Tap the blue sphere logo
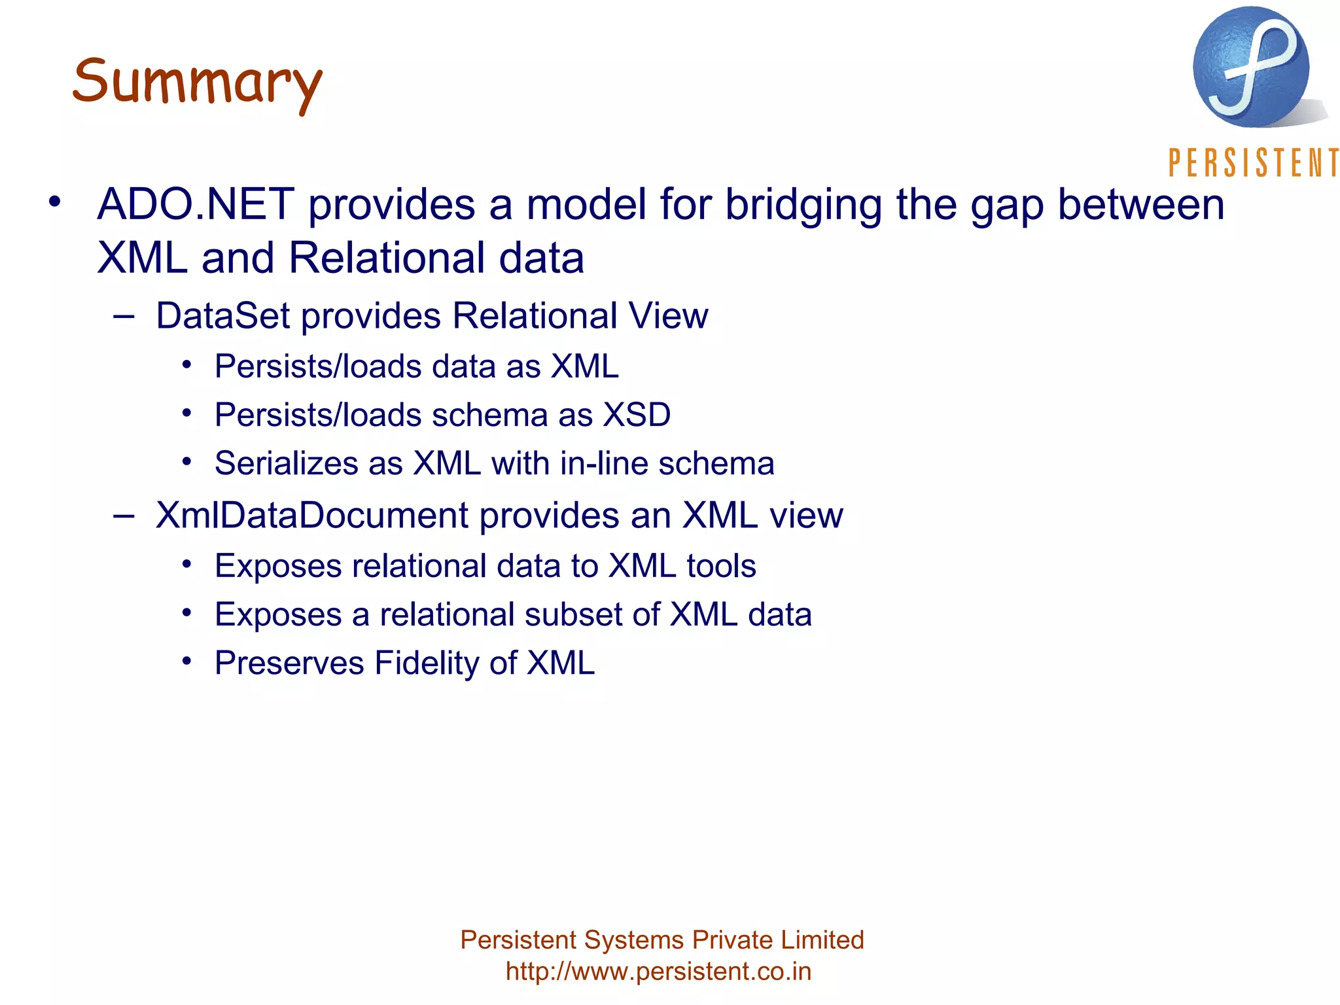coord(1250,67)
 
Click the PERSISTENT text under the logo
coord(1253,163)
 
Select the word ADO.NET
coord(196,204)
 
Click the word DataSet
coord(222,316)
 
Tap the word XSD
coord(637,415)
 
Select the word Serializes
coord(285,464)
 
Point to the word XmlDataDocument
coord(311,516)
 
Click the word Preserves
coord(289,663)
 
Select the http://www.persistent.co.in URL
coord(658,972)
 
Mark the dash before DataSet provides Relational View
coord(124,317)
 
